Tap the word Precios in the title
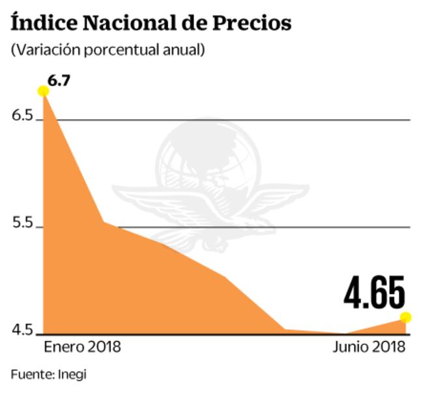click(252, 23)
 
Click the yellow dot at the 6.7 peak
click(44, 91)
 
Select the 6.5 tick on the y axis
click(22, 116)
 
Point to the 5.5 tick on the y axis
click(22, 224)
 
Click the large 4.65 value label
click(374, 294)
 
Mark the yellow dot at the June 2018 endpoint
click(405, 317)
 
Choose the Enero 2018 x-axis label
click(82, 347)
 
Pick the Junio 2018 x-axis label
click(369, 347)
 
